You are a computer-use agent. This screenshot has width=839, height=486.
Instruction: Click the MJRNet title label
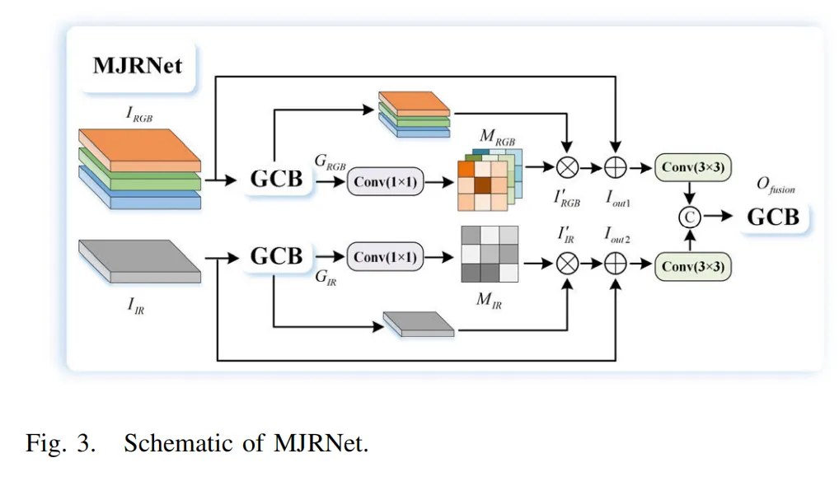[138, 65]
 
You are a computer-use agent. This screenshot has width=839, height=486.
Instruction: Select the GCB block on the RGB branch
[276, 178]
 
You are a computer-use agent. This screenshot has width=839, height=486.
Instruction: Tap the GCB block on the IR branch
[276, 256]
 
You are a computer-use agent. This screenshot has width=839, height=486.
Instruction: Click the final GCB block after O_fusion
[772, 217]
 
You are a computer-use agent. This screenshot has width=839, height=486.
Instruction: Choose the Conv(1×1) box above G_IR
[385, 258]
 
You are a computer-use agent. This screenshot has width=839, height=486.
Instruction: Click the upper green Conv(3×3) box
[692, 168]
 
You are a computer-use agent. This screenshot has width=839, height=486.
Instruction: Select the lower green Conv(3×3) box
[692, 265]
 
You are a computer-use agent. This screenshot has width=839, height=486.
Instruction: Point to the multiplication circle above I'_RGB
[567, 168]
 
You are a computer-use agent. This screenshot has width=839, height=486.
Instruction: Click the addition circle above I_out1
[616, 168]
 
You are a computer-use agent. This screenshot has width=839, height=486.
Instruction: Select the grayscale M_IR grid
[490, 255]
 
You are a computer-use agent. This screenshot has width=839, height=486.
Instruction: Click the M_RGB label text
[498, 138]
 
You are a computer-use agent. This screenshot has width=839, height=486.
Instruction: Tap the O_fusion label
[775, 187]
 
